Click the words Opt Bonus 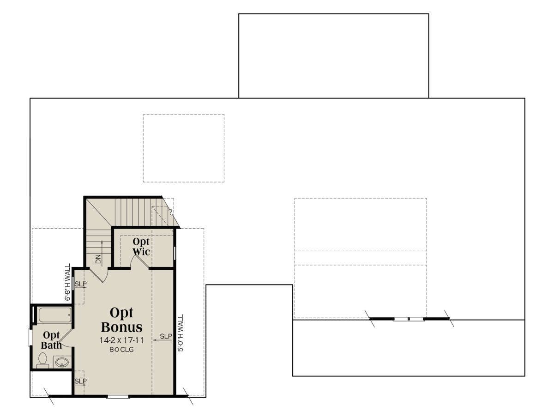pos(122,320)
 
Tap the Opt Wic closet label pos(141,247)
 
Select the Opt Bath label pos(52,340)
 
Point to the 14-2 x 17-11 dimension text pos(122,340)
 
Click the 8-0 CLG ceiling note pos(122,350)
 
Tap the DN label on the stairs pos(98,259)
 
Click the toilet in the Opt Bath pos(42,360)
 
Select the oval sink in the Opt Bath pos(62,363)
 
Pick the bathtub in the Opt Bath pos(55,315)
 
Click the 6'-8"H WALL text pos(68,282)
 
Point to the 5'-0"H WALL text pos(181,333)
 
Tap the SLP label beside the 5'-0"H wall pos(166,336)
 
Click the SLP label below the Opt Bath pos(80,381)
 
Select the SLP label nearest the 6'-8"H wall pos(80,284)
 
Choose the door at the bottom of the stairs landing pos(99,275)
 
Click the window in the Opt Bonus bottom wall pos(118,397)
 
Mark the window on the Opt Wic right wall pos(175,253)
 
